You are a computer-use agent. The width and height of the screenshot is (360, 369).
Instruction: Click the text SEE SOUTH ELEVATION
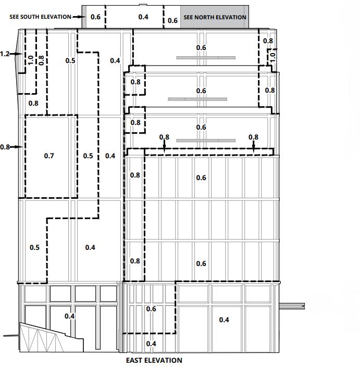(x=40, y=17)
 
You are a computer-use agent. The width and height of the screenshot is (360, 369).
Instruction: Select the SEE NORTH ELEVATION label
(x=215, y=17)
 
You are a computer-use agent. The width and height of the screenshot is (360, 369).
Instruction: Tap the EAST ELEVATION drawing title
(x=154, y=360)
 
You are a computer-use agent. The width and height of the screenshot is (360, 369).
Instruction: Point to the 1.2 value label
(x=5, y=54)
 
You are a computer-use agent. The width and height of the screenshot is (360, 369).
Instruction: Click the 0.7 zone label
(x=49, y=156)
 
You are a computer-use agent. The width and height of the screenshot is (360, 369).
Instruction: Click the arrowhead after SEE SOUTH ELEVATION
(x=82, y=17)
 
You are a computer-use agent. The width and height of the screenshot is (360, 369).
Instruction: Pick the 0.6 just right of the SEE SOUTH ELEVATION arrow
(x=95, y=17)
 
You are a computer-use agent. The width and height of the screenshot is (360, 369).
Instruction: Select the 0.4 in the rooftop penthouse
(x=143, y=17)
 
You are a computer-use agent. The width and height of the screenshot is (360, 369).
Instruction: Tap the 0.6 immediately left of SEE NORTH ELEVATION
(x=172, y=20)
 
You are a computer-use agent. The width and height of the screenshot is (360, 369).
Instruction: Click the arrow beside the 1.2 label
(x=18, y=54)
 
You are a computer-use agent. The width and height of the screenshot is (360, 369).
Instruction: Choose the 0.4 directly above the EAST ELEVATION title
(x=151, y=343)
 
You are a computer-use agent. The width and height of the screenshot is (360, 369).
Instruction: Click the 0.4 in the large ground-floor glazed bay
(x=224, y=320)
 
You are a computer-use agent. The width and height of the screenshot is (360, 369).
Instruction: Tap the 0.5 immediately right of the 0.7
(x=88, y=156)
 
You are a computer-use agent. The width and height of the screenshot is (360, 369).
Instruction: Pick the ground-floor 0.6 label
(x=151, y=309)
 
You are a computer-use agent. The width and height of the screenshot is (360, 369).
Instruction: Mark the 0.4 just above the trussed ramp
(x=69, y=316)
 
